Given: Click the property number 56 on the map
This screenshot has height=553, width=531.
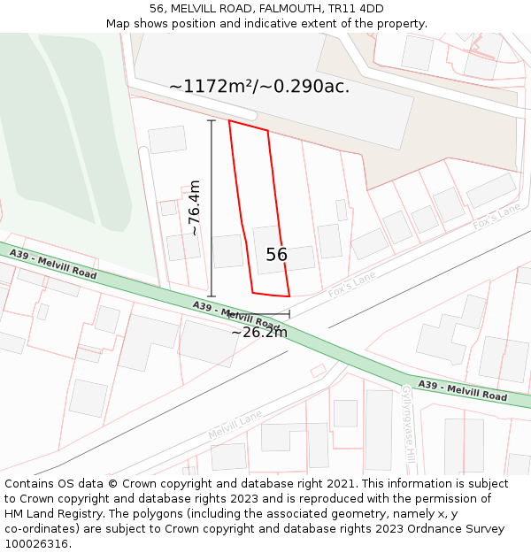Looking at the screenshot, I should point(276,255).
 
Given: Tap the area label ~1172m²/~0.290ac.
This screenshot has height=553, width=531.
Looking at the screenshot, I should point(259,86).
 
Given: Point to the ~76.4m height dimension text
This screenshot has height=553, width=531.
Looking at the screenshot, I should point(195,207).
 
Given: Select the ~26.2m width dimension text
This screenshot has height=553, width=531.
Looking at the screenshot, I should point(259,333).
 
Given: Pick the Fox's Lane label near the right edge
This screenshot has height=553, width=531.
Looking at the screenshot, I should point(496,217).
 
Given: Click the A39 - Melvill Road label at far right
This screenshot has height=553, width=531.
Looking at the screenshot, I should point(463,391).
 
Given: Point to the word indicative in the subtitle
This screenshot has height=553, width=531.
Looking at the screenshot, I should point(315,24).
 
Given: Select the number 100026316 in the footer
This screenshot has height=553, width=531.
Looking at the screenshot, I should point(36,543).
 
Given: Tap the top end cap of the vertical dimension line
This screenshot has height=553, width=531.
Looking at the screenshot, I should point(211,120).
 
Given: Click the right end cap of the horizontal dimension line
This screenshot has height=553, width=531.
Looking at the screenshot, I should point(289,314).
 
